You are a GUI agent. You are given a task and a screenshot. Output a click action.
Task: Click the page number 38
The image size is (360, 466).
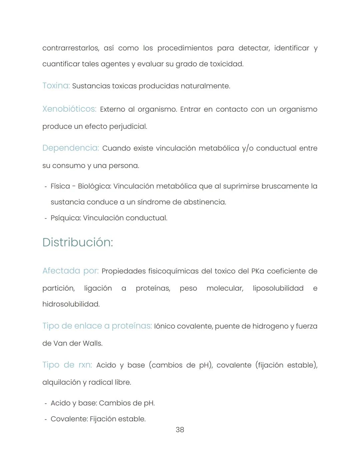click(180, 430)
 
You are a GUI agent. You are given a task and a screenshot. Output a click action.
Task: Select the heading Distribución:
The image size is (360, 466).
click(78, 242)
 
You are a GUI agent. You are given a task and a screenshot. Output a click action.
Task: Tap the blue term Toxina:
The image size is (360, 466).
click(56, 86)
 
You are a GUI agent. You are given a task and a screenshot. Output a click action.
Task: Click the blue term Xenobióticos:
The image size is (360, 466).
click(69, 109)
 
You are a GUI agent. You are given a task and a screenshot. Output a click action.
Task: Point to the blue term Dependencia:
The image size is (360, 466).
click(71, 148)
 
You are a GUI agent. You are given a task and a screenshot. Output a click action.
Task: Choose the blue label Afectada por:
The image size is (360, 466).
click(70, 271)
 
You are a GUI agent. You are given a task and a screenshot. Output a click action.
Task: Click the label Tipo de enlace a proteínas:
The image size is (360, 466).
click(97, 326)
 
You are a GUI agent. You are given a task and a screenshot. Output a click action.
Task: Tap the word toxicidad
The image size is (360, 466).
click(227, 64)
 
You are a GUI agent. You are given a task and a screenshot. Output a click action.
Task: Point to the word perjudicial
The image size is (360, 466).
click(128, 127)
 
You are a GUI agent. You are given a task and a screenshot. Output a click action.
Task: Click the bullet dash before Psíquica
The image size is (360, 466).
click(46, 218)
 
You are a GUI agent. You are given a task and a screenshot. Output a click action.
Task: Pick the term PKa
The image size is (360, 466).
click(257, 271)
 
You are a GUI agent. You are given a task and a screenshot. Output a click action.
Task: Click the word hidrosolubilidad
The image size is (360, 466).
click(71, 304)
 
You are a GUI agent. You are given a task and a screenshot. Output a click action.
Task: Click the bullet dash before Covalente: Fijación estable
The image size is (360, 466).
click(46, 419)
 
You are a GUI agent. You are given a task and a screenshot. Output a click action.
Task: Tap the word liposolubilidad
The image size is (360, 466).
click(278, 288)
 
